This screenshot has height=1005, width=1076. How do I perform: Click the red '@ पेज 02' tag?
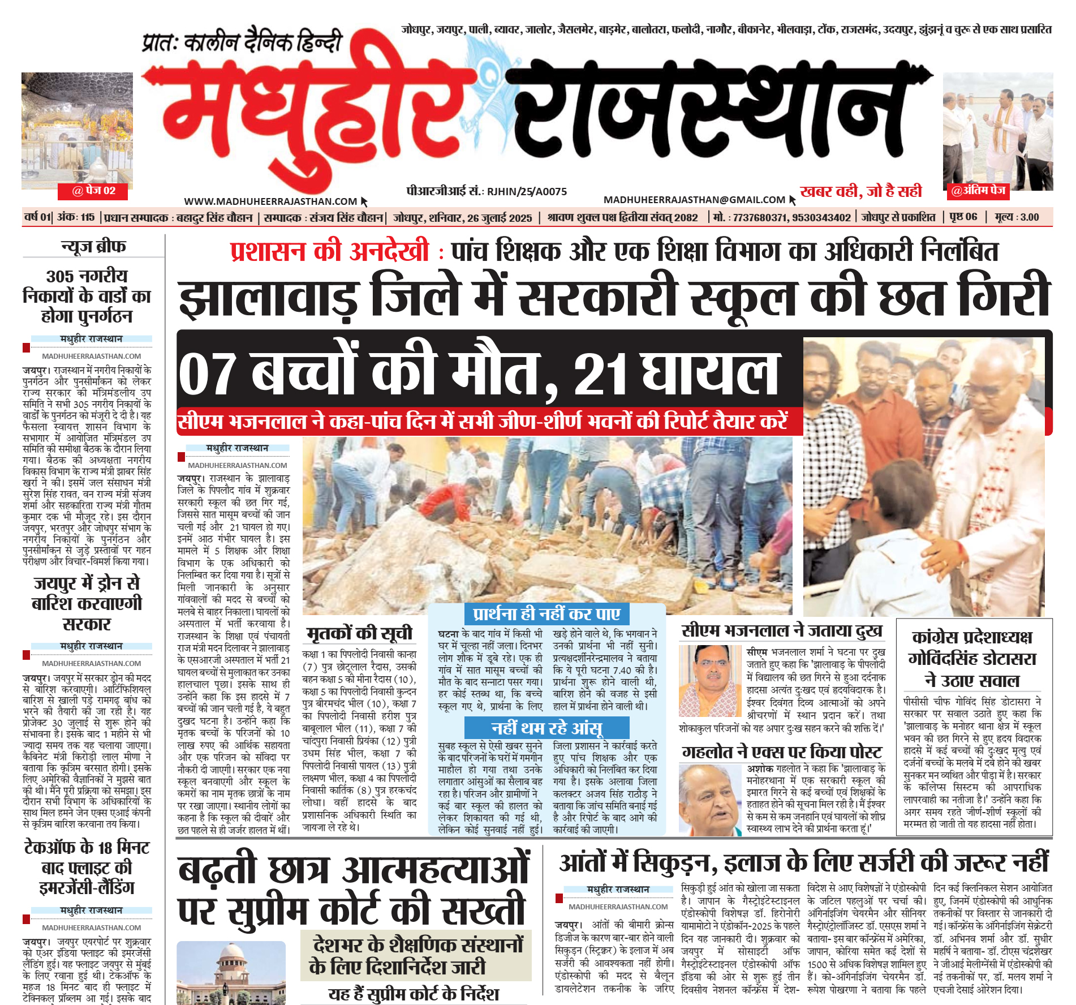(93, 191)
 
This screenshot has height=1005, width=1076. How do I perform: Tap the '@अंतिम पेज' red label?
(978, 191)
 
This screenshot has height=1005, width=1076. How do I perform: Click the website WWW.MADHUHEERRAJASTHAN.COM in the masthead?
(270, 201)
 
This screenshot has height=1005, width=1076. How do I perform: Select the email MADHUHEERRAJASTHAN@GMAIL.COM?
(694, 200)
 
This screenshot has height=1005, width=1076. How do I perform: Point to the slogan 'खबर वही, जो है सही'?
(860, 191)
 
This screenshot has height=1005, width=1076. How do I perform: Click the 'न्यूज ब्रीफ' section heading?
(93, 247)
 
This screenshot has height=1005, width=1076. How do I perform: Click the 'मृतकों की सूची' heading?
(359, 633)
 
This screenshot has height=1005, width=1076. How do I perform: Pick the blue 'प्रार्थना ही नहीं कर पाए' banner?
(546, 614)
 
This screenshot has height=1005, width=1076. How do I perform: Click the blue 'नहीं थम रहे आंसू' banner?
(546, 728)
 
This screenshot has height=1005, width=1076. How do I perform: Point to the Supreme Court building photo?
(231, 973)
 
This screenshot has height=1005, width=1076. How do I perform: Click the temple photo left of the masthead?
(77, 131)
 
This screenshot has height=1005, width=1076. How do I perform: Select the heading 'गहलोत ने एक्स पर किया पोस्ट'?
(782, 752)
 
